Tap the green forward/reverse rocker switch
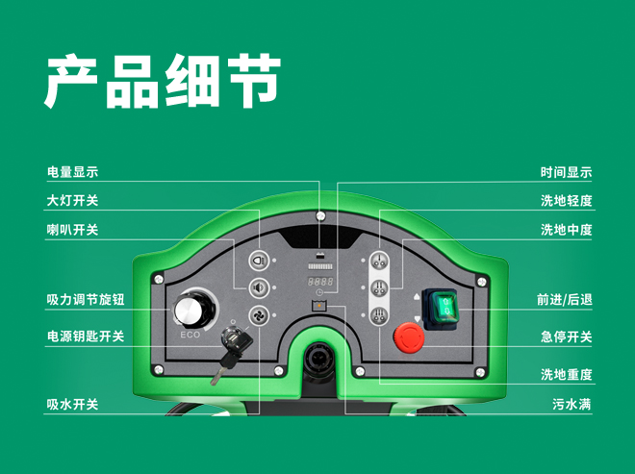pos(444,308)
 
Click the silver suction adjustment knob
pos(190,312)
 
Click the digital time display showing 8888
pos(320,283)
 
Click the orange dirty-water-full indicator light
pos(320,305)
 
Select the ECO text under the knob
pos(190,337)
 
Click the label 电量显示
pos(73,173)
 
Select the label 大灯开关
pos(73,202)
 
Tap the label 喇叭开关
pos(73,231)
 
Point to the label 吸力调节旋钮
pos(86,300)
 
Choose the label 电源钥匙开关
pos(86,337)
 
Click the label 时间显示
pos(566,173)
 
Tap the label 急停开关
pos(566,337)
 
